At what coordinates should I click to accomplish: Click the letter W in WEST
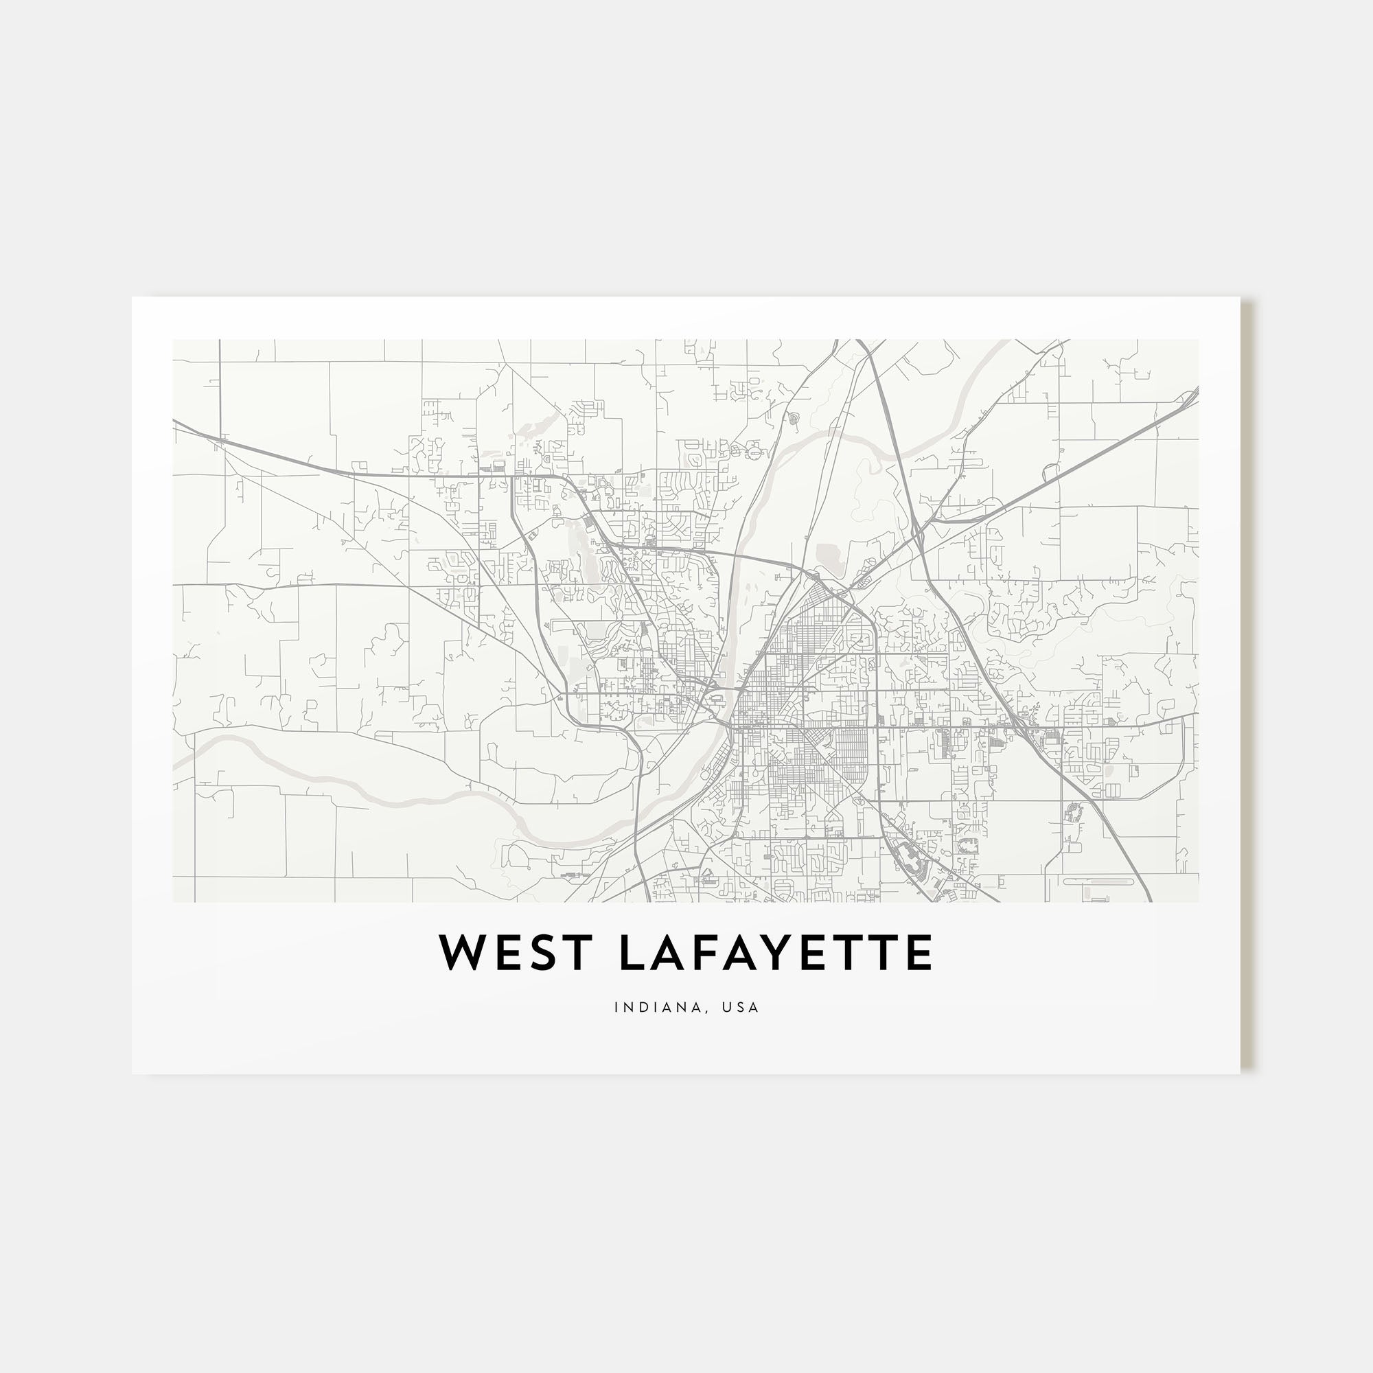[x=462, y=954]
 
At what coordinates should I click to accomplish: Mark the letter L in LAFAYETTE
[x=634, y=954]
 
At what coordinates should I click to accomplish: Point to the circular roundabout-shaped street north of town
[x=753, y=450]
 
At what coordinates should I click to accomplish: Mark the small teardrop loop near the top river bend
[x=794, y=419]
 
